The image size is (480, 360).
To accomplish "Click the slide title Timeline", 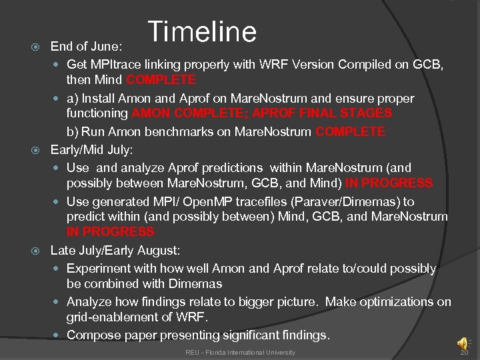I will coord(202,31).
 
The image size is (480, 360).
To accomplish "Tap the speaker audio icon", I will coord(462,343).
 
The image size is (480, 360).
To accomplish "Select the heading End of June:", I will coord(86,47).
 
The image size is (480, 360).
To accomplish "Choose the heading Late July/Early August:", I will coord(115,250).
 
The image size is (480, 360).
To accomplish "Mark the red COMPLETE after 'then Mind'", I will coord(161,80).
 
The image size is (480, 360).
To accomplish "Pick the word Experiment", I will coord(99,269).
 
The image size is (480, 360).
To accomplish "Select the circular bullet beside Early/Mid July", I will coord(37,150).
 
